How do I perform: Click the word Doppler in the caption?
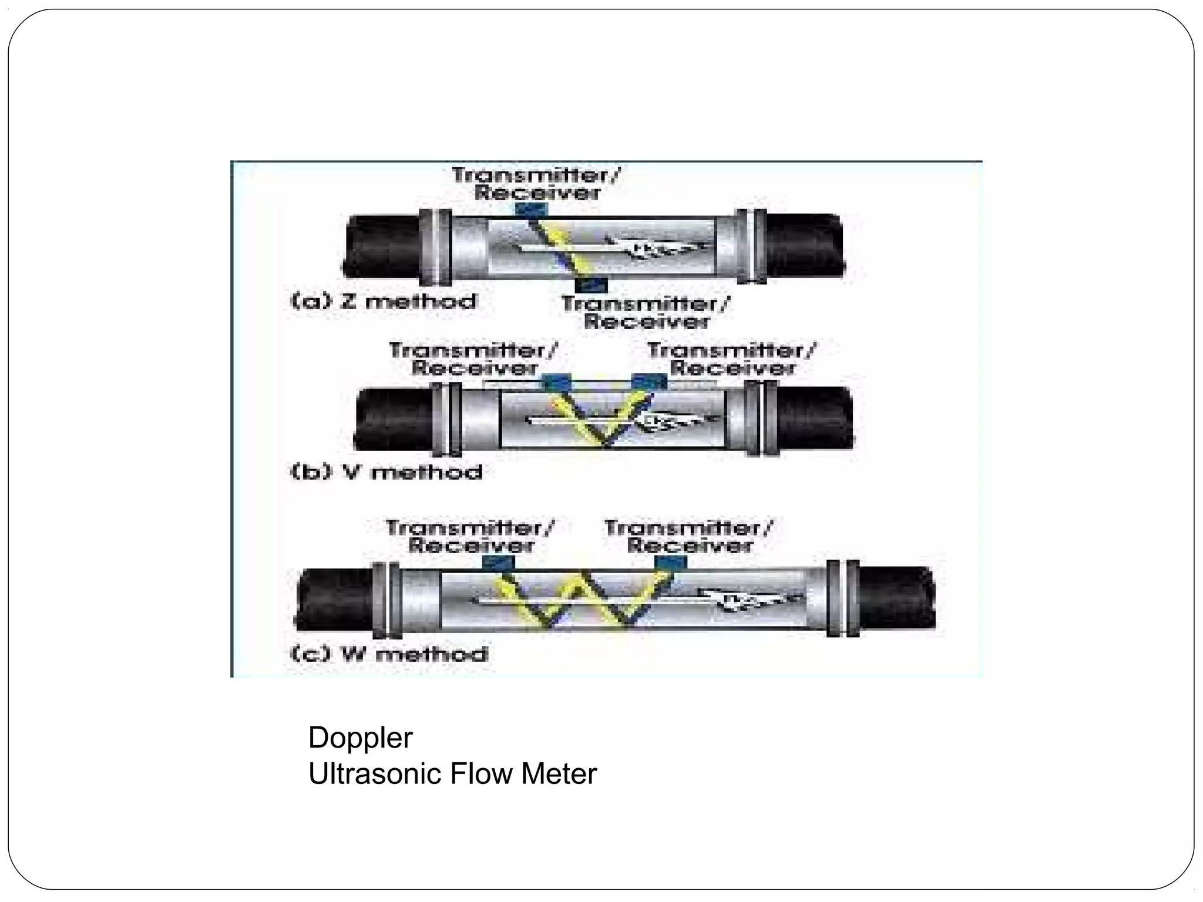(360, 738)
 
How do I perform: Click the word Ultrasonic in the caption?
(374, 774)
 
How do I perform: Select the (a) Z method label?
(384, 301)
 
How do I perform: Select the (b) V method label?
(387, 472)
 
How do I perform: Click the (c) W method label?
(389, 654)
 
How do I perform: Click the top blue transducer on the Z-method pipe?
(531, 209)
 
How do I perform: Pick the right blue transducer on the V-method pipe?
(648, 382)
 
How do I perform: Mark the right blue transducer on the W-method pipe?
(671, 563)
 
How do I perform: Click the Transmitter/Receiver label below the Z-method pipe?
(646, 312)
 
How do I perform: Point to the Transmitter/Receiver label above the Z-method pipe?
(536, 184)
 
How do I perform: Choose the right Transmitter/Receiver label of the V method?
(732, 359)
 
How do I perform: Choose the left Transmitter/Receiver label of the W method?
(471, 537)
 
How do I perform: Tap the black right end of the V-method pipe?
(816, 418)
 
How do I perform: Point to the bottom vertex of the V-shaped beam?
(603, 445)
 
